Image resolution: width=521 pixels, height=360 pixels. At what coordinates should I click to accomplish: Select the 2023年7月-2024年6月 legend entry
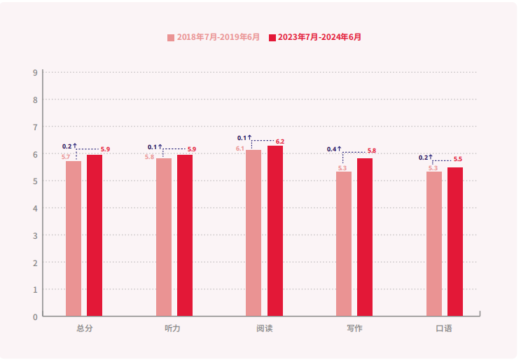[x=319, y=37]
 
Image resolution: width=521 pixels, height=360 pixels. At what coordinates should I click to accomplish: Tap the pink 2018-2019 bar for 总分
[x=74, y=238]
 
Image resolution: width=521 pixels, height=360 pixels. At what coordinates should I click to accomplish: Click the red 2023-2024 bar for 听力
[x=185, y=235]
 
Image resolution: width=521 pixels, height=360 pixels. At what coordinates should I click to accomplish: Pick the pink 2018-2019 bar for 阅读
[x=253, y=233]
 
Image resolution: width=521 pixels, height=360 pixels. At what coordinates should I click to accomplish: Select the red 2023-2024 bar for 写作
[x=365, y=237]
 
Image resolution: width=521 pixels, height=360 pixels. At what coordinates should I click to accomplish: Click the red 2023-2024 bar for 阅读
[x=275, y=231]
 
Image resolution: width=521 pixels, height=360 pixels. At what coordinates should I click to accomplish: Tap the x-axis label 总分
[x=84, y=328]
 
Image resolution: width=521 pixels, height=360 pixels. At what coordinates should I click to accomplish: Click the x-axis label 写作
[x=354, y=328]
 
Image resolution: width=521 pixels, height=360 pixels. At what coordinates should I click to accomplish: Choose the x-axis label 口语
[x=444, y=328]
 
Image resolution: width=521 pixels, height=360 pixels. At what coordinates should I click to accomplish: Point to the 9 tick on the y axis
[x=35, y=72]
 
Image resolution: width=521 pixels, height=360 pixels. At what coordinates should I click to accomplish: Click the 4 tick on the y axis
[x=35, y=208]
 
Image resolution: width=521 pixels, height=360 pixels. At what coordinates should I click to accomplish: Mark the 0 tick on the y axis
[x=35, y=317]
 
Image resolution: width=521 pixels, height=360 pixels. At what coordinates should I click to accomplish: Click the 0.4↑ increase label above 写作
[x=334, y=149]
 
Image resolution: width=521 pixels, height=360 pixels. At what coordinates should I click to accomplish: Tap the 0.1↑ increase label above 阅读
[x=244, y=138]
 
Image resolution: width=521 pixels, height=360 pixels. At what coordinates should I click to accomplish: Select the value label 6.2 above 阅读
[x=280, y=141]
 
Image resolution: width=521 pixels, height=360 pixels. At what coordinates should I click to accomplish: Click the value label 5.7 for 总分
[x=66, y=157]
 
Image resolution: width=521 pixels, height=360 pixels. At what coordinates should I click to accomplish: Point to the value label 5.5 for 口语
[x=458, y=159]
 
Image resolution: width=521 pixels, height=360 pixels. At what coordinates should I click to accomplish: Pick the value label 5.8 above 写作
[x=372, y=151]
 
